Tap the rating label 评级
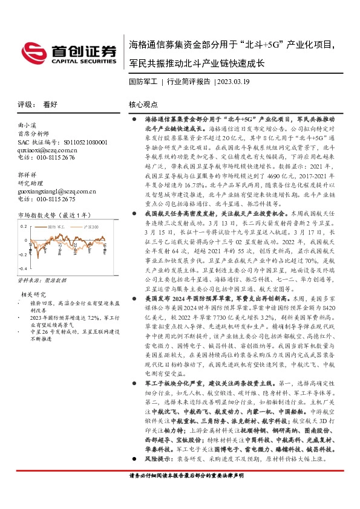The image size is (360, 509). [x=25, y=104]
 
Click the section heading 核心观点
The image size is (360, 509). [x=143, y=104]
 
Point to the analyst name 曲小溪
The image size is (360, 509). [x=28, y=125]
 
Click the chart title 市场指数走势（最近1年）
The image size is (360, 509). [x=55, y=215]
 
